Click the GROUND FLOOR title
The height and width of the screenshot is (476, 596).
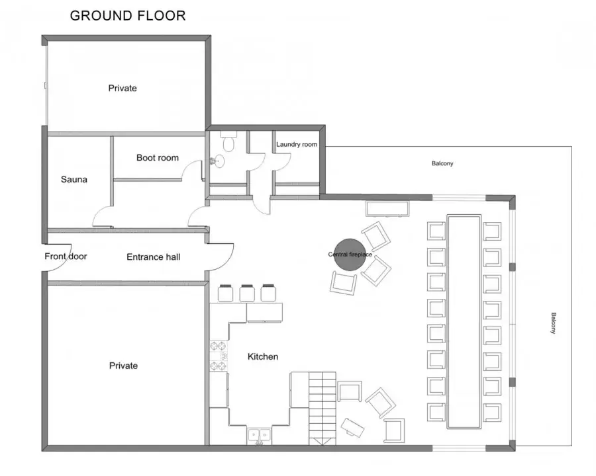click(128, 16)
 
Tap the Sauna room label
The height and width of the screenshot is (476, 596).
click(74, 179)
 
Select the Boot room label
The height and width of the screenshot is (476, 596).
click(158, 157)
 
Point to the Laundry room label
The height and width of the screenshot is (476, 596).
click(297, 144)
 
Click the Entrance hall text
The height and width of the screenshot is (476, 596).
click(153, 257)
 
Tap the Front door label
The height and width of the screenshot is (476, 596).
click(66, 257)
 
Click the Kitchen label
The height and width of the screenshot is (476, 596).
click(263, 356)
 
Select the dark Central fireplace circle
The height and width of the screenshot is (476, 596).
click(350, 255)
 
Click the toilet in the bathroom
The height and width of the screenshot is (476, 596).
click(228, 141)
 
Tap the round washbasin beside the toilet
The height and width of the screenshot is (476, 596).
click(219, 161)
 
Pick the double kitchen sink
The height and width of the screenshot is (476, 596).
click(259, 436)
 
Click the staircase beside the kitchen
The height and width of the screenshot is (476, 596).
click(323, 408)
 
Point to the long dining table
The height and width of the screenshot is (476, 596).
click(464, 321)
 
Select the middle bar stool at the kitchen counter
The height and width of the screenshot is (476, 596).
click(247, 293)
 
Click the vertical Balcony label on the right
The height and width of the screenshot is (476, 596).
click(554, 323)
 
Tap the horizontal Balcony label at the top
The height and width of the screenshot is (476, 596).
click(442, 163)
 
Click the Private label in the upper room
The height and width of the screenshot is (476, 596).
click(123, 88)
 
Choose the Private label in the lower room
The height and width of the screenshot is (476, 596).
click(123, 366)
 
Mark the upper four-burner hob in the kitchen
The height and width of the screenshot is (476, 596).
click(219, 346)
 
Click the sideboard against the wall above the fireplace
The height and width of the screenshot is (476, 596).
click(387, 209)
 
